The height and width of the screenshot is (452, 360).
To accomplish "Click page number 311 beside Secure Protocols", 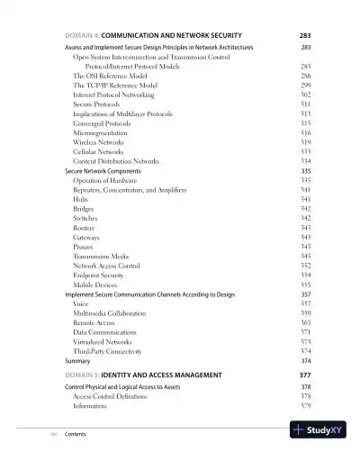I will (x=305, y=104).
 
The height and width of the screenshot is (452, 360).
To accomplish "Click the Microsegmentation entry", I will (x=103, y=132).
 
